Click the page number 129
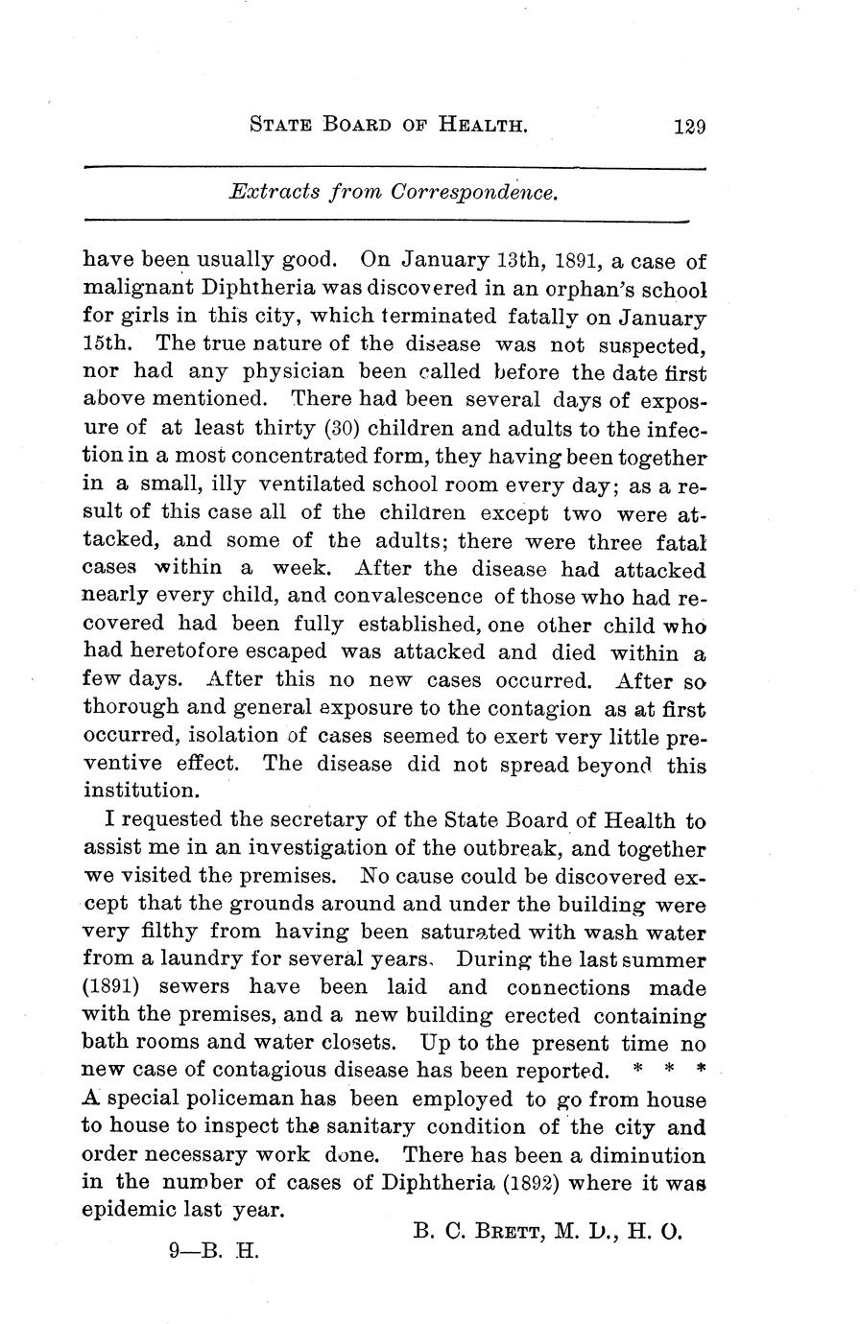[x=689, y=126]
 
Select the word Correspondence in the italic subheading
[x=474, y=192]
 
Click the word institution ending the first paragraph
[x=139, y=792]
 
